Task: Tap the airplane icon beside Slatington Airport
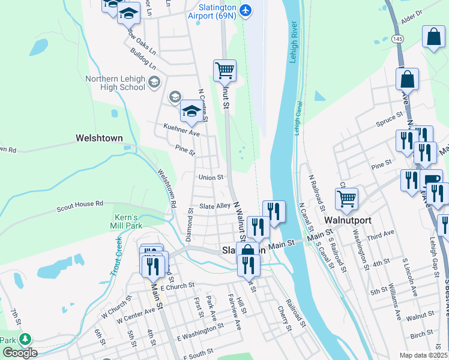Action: click(x=245, y=10)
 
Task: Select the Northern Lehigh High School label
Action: click(x=115, y=83)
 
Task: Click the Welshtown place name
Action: click(x=99, y=138)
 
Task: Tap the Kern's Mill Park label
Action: click(x=127, y=221)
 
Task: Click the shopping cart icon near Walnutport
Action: click(x=346, y=199)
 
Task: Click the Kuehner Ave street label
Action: click(x=181, y=130)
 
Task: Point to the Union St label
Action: click(x=211, y=178)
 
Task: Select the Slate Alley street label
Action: click(x=215, y=206)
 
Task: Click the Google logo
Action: click(x=19, y=353)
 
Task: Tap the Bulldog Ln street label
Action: click(x=143, y=59)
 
